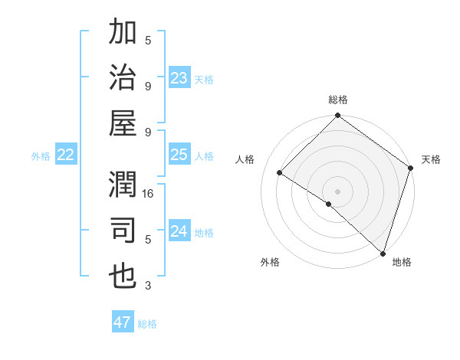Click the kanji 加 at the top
click(123, 34)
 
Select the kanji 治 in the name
click(123, 78)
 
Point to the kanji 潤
click(123, 187)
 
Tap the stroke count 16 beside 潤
click(149, 194)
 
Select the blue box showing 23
click(179, 78)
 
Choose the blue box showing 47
click(123, 322)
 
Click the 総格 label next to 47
click(147, 324)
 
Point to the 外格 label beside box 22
click(41, 156)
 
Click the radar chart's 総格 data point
click(337, 116)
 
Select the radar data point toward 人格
click(280, 173)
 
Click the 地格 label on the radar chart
click(402, 262)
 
